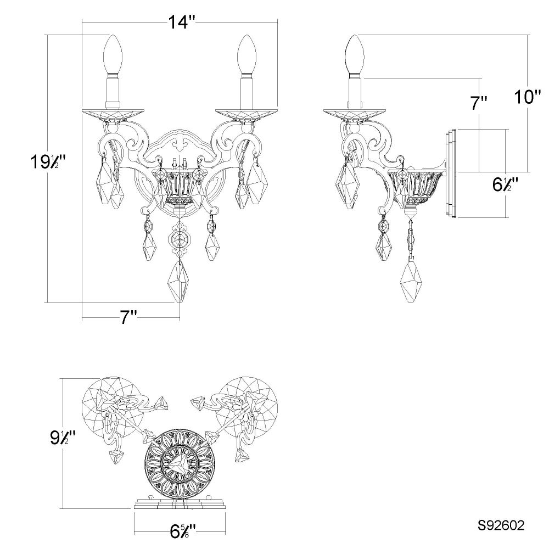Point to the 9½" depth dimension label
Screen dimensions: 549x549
63,438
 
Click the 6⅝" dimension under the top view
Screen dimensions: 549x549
183,532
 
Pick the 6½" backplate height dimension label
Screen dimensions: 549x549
505,184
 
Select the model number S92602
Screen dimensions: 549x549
501,525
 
